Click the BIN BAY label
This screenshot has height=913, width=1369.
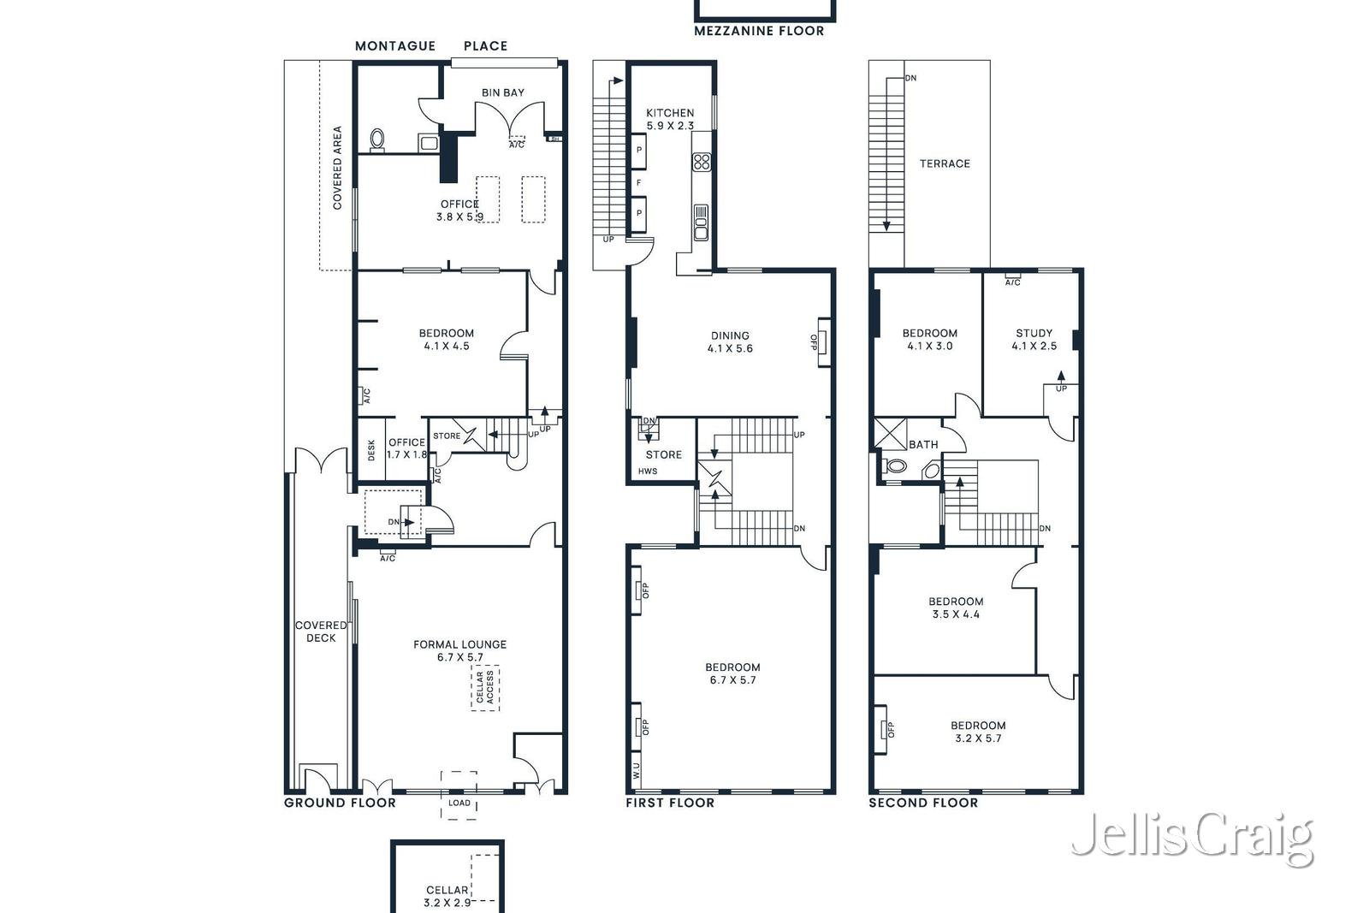(x=502, y=93)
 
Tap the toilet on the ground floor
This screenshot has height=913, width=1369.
(x=377, y=140)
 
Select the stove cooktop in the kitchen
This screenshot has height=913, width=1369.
(x=702, y=162)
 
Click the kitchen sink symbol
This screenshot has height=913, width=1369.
(x=701, y=222)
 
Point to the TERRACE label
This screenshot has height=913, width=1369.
(x=945, y=163)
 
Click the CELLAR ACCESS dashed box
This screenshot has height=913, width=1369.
(x=485, y=688)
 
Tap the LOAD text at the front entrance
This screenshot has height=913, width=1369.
(x=459, y=803)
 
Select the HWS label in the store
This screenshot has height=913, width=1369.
(x=648, y=471)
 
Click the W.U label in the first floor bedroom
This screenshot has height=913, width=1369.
(x=637, y=771)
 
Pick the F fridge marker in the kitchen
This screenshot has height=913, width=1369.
(x=638, y=183)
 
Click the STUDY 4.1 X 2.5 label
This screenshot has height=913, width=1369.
(x=1034, y=340)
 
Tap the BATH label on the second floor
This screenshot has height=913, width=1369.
(x=923, y=445)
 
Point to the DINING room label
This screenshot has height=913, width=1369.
(x=731, y=342)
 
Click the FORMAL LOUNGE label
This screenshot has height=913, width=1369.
(x=460, y=651)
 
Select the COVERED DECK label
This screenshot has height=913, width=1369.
(x=321, y=631)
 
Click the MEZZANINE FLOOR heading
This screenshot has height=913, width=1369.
(x=759, y=31)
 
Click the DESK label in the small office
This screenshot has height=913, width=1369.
(x=371, y=450)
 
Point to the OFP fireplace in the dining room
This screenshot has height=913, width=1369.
(x=822, y=342)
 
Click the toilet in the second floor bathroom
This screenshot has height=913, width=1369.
(x=895, y=466)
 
